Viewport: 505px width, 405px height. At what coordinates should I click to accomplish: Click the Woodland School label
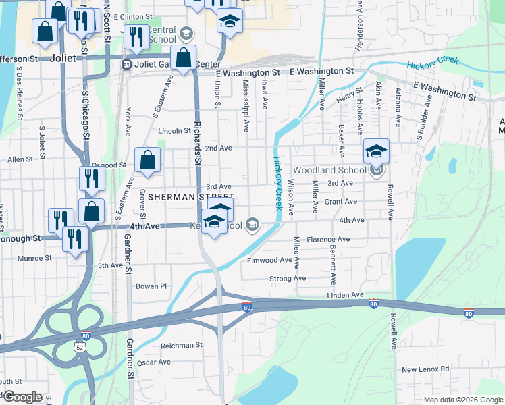coord(329,170)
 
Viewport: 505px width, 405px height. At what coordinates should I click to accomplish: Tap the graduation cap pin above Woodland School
coord(376,152)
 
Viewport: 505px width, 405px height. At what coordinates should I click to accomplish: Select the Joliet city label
coord(63,58)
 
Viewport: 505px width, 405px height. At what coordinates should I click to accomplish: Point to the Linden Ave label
coord(345,295)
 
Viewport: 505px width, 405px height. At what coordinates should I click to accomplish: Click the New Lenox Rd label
coord(425,369)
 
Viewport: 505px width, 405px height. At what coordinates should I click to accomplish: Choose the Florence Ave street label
coord(327,240)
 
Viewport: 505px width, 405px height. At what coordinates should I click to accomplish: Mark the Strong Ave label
coord(287,278)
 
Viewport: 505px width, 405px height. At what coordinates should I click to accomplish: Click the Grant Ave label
coord(340,202)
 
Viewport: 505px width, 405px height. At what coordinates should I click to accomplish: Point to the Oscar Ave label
coord(154,362)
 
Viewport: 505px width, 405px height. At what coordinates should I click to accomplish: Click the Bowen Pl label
coord(151,286)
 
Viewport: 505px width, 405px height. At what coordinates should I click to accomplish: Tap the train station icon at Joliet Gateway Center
coord(126,65)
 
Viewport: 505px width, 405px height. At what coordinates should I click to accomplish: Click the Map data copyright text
coord(463,400)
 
